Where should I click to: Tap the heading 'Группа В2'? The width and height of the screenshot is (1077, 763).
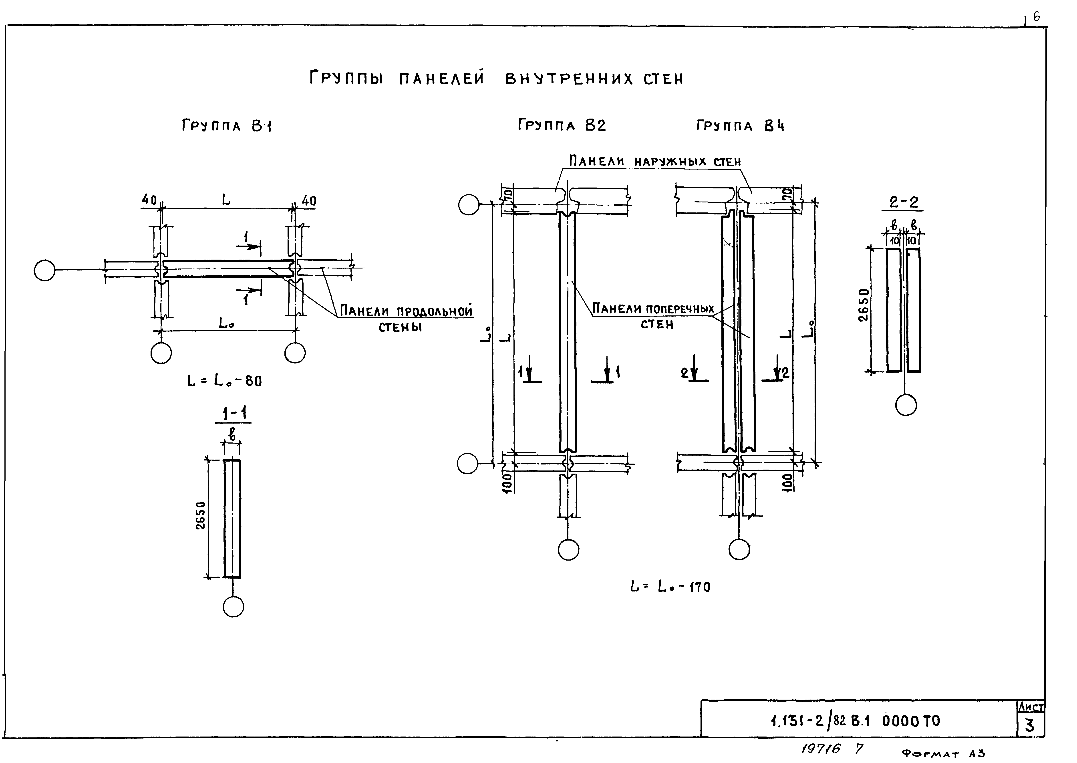pyautogui.click(x=562, y=125)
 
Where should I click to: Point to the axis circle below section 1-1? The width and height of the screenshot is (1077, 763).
pyautogui.click(x=234, y=607)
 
